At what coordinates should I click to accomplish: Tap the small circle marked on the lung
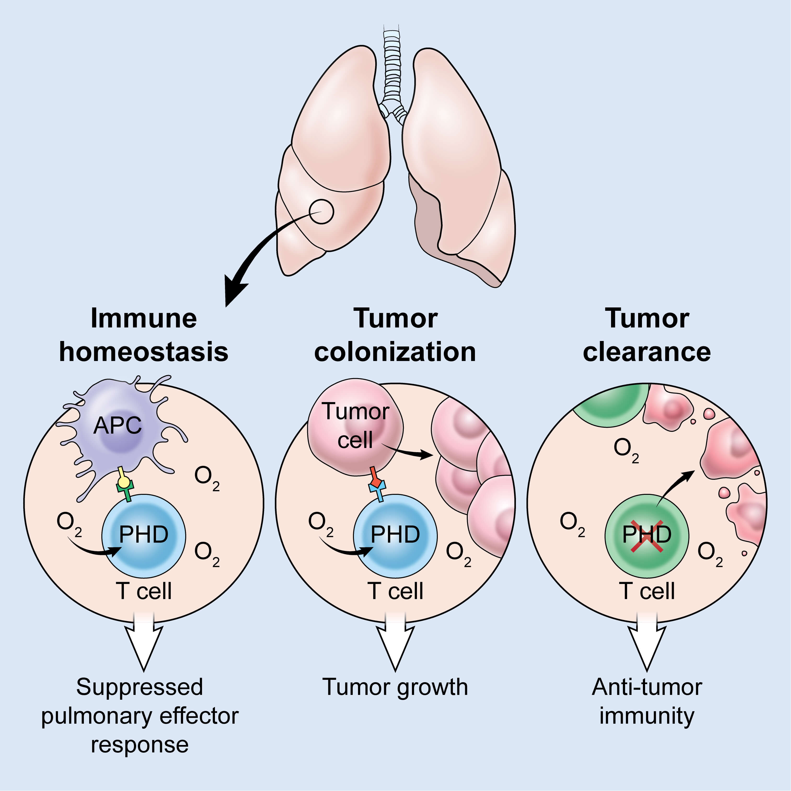coord(321,212)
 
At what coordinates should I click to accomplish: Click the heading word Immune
coord(144,318)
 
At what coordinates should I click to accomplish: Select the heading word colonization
coord(395,352)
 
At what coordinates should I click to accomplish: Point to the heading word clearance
coord(647,352)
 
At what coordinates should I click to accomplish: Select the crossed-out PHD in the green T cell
coord(647,535)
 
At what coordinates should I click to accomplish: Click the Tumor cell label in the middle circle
coord(355,426)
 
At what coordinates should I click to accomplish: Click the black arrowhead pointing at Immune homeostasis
coord(234,292)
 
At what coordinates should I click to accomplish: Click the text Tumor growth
coord(395,687)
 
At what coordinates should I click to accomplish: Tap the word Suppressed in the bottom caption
coord(140,687)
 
